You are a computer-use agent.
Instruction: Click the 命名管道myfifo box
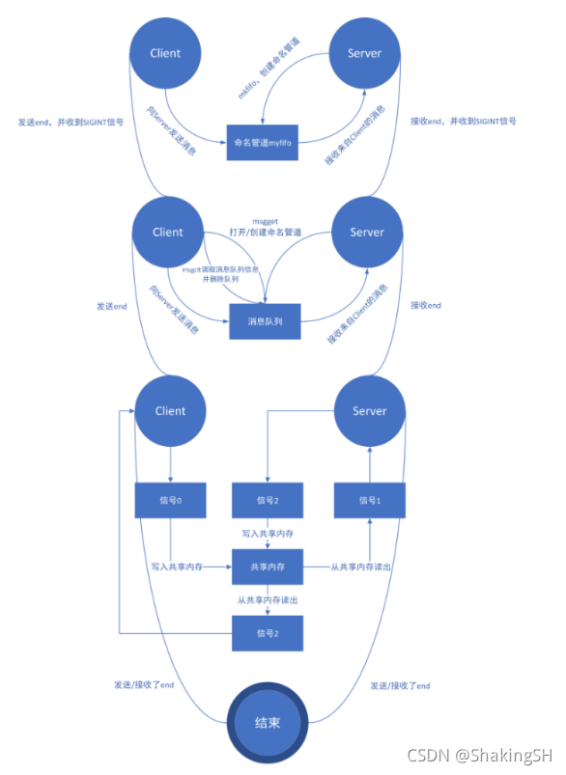[266, 142]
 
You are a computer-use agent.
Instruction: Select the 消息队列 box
[266, 322]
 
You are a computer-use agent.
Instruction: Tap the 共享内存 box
[267, 567]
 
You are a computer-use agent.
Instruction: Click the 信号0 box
[171, 500]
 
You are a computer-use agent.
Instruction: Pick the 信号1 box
[368, 500]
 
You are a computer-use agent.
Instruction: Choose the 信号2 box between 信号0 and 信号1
[267, 500]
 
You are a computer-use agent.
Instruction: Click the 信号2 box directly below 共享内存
[267, 633]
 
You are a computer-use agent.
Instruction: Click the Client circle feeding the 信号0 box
[170, 411]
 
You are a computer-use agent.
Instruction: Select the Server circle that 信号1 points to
[368, 411]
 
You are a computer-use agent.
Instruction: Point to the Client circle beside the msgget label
[168, 232]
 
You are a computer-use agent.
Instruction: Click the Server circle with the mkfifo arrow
[364, 54]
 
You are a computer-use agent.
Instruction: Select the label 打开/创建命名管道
[265, 234]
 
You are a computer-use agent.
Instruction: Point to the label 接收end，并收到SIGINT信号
[463, 123]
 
